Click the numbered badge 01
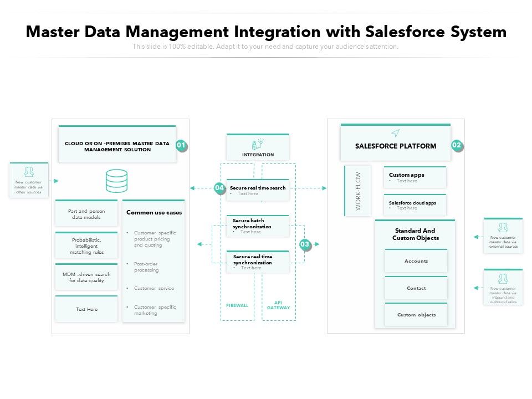pyautogui.click(x=181, y=146)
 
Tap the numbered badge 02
pyautogui.click(x=457, y=146)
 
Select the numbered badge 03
pyautogui.click(x=305, y=244)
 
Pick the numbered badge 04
pyautogui.click(x=219, y=188)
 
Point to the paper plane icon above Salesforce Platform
pyautogui.click(x=395, y=133)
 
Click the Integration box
pyautogui.click(x=258, y=147)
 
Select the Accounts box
pyautogui.click(x=416, y=261)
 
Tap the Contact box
pyautogui.click(x=416, y=288)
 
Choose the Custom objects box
pyautogui.click(x=416, y=315)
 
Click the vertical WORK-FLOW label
pyautogui.click(x=358, y=191)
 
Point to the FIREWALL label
pyautogui.click(x=237, y=305)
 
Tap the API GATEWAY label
pyautogui.click(x=278, y=305)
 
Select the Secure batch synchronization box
pyautogui.click(x=258, y=226)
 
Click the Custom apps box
pyautogui.click(x=415, y=177)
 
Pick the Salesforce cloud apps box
pyautogui.click(x=415, y=205)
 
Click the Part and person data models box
pyautogui.click(x=86, y=214)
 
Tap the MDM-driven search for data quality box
pyautogui.click(x=86, y=277)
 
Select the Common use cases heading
pyautogui.click(x=154, y=212)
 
